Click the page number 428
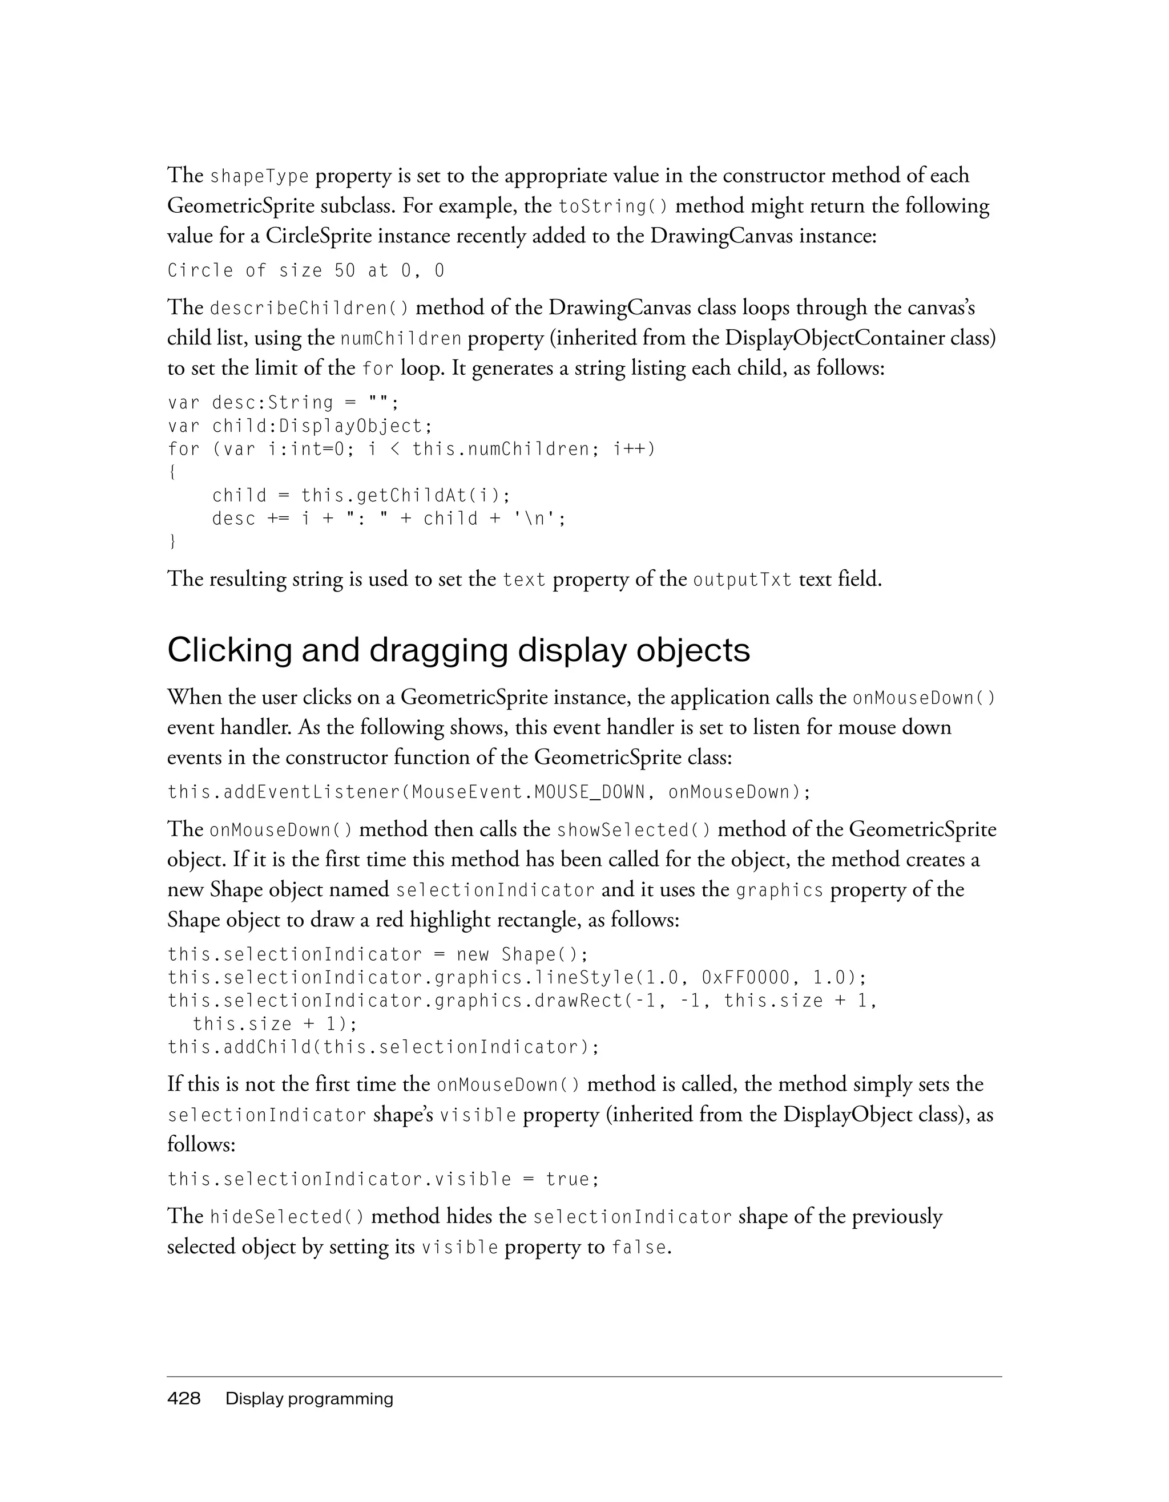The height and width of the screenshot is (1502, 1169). [x=184, y=1399]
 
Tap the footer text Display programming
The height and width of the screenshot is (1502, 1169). [x=309, y=1399]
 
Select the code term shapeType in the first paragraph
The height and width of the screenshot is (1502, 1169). [x=259, y=177]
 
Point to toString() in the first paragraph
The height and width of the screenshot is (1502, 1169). [x=612, y=207]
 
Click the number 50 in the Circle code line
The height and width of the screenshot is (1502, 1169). [x=345, y=271]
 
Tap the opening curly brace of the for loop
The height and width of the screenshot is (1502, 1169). [x=171, y=472]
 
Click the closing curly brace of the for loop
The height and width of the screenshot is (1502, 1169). [x=172, y=542]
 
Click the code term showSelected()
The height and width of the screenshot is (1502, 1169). [x=634, y=831]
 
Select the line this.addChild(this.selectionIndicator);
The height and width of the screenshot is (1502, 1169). [x=384, y=1047]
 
